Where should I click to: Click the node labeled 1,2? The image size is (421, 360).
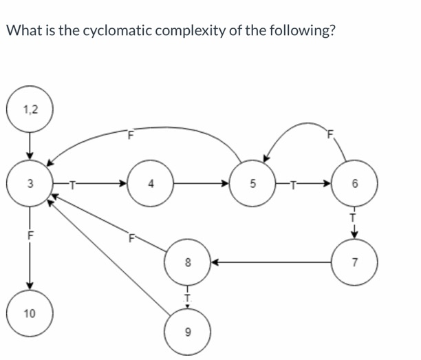click(29, 109)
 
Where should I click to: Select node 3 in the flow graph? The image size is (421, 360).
click(29, 184)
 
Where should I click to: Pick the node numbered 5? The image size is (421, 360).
click(252, 184)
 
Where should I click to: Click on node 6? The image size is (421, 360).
click(355, 184)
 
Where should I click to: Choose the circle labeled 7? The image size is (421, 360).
click(355, 262)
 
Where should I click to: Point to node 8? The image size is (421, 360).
click(186, 262)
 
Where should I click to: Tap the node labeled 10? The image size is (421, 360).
click(29, 313)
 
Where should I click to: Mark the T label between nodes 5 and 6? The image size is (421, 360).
click(294, 184)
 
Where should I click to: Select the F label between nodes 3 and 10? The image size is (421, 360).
click(29, 234)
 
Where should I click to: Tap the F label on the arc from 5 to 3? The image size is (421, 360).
click(129, 134)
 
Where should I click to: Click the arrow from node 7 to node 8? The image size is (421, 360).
click(272, 262)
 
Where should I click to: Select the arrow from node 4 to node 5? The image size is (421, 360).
click(203, 184)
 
